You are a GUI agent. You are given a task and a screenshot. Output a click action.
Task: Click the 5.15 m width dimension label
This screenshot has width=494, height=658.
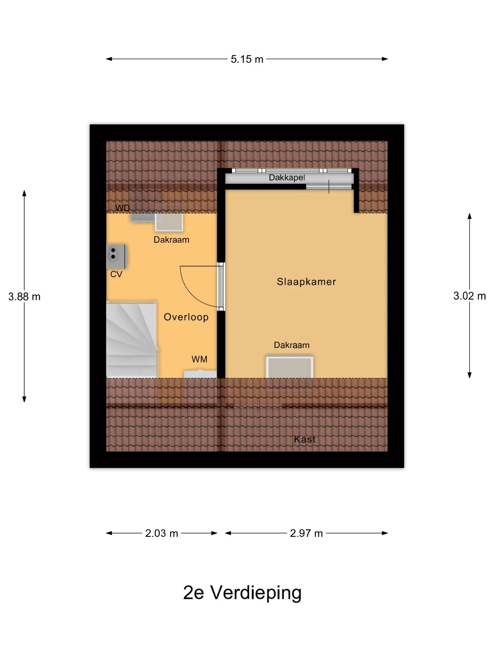tap(247, 59)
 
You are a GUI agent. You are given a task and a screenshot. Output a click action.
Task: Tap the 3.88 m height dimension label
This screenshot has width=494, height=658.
tap(24, 297)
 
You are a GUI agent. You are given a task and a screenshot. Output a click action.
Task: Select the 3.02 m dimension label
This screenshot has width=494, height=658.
tap(470, 296)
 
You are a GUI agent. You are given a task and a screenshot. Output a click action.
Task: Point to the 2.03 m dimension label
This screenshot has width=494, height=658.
tap(162, 533)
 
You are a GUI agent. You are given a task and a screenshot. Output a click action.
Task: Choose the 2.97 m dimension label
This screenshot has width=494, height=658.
tap(306, 533)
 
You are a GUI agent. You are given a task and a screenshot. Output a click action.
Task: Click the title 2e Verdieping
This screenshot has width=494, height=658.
tap(242, 593)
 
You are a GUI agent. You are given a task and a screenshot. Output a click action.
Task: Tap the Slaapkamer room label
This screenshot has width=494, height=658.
tap(306, 282)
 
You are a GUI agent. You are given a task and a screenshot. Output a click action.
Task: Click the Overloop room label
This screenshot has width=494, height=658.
tap(186, 317)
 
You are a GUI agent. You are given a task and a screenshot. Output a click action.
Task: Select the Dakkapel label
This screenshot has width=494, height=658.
tap(287, 178)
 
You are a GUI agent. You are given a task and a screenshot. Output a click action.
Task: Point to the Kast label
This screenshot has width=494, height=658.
tap(305, 439)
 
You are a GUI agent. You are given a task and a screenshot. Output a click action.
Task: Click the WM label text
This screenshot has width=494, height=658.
tap(199, 359)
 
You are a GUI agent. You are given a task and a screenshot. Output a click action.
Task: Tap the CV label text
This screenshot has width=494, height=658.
tap(116, 274)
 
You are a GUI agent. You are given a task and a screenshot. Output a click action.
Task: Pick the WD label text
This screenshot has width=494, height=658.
tap(122, 208)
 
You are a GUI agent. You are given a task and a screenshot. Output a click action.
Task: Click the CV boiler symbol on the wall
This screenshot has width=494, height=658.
tap(117, 257)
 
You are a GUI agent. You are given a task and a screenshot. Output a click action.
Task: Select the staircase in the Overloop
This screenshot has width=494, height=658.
tap(132, 340)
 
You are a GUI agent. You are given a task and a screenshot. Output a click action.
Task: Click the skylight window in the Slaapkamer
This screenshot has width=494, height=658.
tap(290, 367)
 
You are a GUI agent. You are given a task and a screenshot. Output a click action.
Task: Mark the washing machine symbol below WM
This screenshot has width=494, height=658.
tap(200, 374)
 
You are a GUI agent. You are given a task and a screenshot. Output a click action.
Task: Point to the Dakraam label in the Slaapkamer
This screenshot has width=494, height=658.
tap(292, 345)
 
